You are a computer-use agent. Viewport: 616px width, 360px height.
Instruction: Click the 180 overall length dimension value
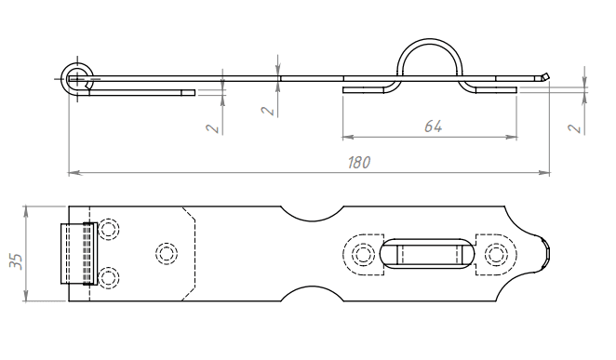tap(359, 162)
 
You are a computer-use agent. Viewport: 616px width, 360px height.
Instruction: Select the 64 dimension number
tap(434, 127)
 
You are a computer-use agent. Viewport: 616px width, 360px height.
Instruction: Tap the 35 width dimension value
tap(17, 261)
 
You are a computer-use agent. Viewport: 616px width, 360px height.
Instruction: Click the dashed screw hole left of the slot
tap(363, 254)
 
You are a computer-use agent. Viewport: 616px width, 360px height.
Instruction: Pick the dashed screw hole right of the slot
tap(496, 254)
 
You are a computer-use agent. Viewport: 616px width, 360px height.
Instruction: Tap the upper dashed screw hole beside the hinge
tap(109, 229)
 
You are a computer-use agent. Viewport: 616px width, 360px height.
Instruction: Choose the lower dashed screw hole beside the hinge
tap(109, 278)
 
